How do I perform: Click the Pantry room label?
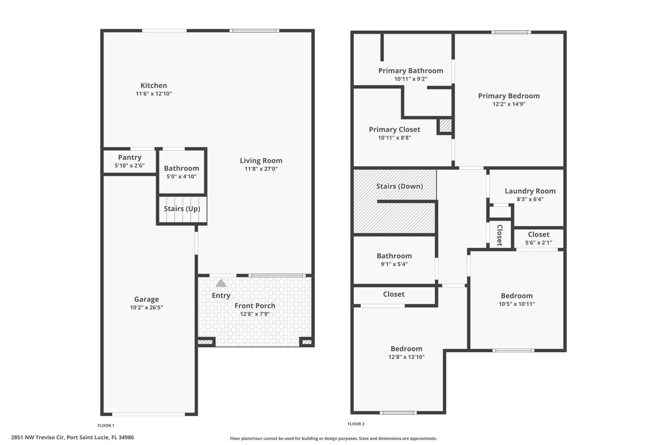coord(130,157)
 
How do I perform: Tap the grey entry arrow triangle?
coord(221,283)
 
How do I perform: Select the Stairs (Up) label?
coord(182,209)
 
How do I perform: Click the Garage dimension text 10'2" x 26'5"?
coord(146,307)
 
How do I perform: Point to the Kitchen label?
coord(154,86)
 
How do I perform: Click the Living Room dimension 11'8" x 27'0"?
coord(261,169)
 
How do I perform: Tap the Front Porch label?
coord(255,306)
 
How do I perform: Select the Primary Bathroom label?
coord(410,71)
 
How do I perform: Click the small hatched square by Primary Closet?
coord(445,126)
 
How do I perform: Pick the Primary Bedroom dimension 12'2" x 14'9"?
coord(509,104)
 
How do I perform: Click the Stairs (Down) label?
coord(399,186)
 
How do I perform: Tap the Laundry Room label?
coord(530,191)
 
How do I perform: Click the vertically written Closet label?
coord(500,235)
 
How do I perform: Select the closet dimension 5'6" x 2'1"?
coord(538,243)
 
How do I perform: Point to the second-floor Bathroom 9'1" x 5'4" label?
coord(394,256)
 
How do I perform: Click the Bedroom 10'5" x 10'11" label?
coord(516,296)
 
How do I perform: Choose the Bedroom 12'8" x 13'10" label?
coord(406,349)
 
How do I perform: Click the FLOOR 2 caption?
coord(356,424)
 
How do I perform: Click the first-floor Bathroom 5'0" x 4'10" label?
coord(181,168)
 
